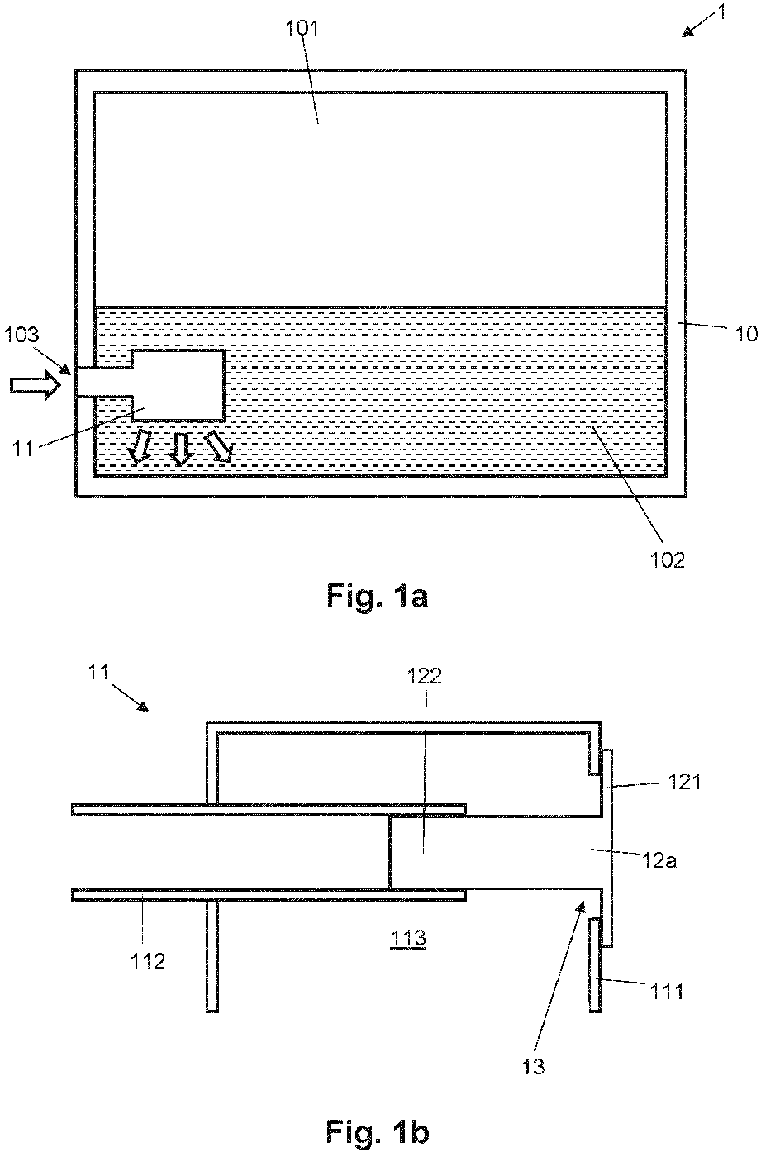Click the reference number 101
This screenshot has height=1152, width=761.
pos(302,28)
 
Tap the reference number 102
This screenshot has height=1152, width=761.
pos(668,559)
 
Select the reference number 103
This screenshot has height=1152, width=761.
pos(21,335)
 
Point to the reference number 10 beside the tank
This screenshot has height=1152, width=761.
pos(746,334)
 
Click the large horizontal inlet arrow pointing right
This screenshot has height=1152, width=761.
pos(35,384)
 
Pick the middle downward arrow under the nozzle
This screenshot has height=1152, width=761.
pos(180,449)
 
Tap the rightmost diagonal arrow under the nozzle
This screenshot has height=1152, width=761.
pos(218,445)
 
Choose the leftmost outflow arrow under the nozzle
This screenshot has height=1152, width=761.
pos(140,447)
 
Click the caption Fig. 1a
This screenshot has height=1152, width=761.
pos(378,597)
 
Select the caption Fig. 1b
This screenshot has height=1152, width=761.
pos(378,1132)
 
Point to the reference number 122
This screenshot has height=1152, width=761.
pos(425,676)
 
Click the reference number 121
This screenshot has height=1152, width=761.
pos(684,783)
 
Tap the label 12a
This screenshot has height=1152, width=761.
pos(659,860)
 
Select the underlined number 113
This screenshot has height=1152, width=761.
pos(408,939)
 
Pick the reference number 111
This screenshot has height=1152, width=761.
pos(667,991)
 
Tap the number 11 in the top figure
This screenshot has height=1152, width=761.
pos(23,449)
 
